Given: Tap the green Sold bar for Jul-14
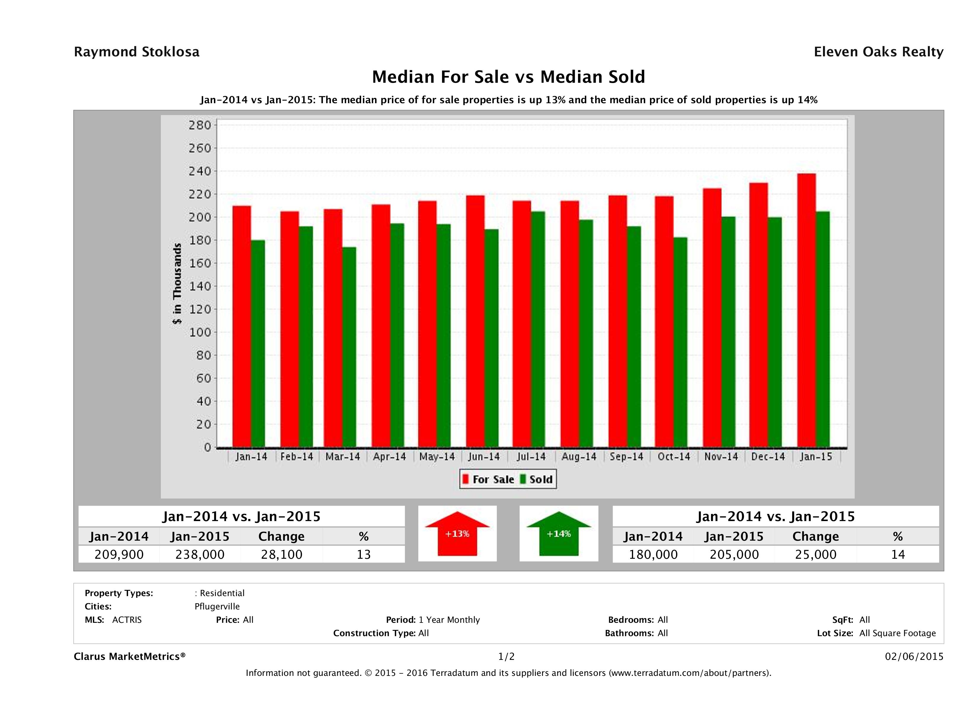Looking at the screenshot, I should coord(538,329).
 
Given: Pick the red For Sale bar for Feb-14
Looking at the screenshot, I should coord(289,329).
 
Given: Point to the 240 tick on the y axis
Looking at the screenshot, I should coord(199,171).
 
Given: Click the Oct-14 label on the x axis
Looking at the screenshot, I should coord(674,457).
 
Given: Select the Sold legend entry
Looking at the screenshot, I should coord(536,479).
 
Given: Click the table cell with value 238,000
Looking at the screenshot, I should coord(200,554).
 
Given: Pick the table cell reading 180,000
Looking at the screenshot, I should coord(653,554).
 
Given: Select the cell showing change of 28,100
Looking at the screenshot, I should coord(281,554).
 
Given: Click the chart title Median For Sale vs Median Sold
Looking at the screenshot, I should coord(508,77).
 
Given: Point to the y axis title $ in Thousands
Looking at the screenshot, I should coord(177,284).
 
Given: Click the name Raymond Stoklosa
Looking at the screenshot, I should coord(137,52).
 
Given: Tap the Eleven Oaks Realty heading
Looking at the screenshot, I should coord(878,52).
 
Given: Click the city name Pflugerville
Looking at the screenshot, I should coord(217,606).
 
